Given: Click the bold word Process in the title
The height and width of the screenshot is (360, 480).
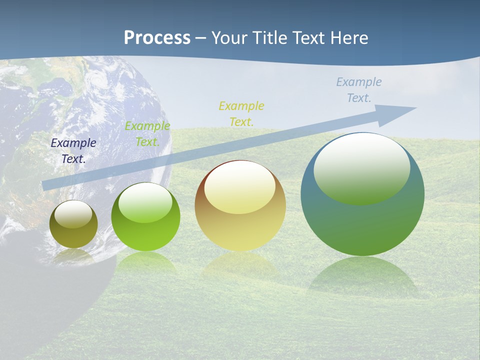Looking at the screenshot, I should click(157, 38).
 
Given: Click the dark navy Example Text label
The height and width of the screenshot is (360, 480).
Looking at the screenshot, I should click(73, 151).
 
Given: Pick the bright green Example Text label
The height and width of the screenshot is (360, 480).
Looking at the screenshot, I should click(147, 133).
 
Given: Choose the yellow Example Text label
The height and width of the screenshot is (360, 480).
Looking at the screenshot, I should click(241, 113).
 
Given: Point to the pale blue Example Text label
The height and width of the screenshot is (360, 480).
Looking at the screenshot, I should click(359, 90).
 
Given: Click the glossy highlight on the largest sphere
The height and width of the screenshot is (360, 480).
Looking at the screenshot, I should click(361, 167).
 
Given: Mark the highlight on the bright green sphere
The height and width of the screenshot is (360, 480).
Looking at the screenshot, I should click(145, 202).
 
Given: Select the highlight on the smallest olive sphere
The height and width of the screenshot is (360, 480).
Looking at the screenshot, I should click(73, 214).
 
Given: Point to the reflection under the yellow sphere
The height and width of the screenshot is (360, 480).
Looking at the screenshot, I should click(240, 265).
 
